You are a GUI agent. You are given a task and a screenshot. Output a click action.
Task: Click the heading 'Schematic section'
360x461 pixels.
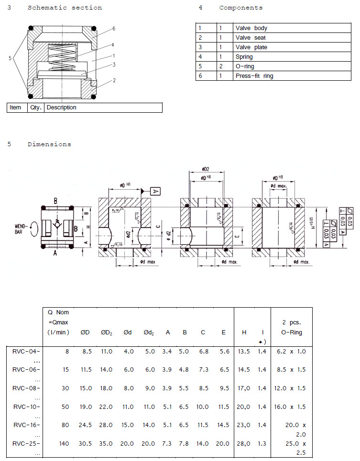click(x=65, y=8)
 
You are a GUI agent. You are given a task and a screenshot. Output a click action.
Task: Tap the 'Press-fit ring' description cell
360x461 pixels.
click(x=254, y=76)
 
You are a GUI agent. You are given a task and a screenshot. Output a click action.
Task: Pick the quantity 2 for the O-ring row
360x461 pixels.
click(x=221, y=66)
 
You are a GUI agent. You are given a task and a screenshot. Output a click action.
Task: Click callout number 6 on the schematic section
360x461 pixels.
click(x=114, y=29)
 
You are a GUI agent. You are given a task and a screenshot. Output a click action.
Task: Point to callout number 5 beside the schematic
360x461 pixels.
click(x=10, y=58)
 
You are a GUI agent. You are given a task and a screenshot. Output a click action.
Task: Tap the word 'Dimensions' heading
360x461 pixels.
click(x=49, y=144)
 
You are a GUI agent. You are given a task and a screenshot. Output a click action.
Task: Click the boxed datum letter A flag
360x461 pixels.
click(x=156, y=191)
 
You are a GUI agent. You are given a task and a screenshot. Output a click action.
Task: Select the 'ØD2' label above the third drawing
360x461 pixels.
click(x=206, y=170)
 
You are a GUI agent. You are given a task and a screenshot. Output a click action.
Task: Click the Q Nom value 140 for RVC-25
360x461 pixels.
click(x=64, y=444)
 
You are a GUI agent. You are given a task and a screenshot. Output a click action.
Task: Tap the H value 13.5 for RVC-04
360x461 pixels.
click(x=244, y=352)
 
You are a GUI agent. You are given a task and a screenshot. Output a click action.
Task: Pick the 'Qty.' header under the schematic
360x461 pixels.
click(x=36, y=107)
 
